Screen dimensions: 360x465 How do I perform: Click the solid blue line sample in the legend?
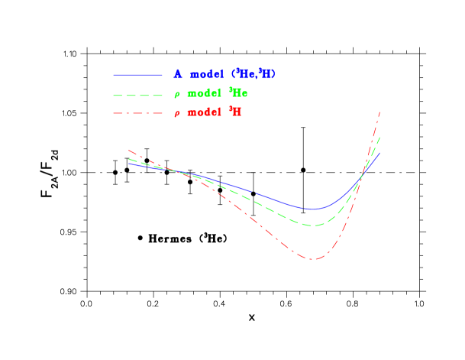[x=137, y=75]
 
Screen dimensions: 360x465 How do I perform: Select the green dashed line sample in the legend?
[x=137, y=96]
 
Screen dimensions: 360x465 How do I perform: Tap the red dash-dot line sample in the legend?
[x=137, y=114]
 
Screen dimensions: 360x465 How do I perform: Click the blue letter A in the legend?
[x=177, y=74]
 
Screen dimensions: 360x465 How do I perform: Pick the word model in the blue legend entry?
[x=205, y=75]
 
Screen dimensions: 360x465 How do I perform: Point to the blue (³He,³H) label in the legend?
[x=253, y=74]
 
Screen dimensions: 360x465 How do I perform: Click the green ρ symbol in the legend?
[x=176, y=96]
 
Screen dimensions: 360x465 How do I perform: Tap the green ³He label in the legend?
[x=237, y=93]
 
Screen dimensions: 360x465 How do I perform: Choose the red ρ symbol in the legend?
[x=176, y=114]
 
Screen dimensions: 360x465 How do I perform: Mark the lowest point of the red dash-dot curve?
[x=313, y=258]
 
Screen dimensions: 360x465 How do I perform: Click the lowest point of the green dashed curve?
[x=313, y=225]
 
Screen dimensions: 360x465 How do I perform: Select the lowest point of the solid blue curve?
[x=312, y=209]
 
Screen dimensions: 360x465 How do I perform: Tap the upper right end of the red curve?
[x=379, y=112]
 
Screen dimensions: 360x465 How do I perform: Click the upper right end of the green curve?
[x=379, y=137]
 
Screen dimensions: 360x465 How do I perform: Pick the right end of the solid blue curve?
[x=379, y=152]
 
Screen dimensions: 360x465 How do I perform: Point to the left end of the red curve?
[x=129, y=150]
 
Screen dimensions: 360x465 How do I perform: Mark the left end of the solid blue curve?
[x=129, y=163]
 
